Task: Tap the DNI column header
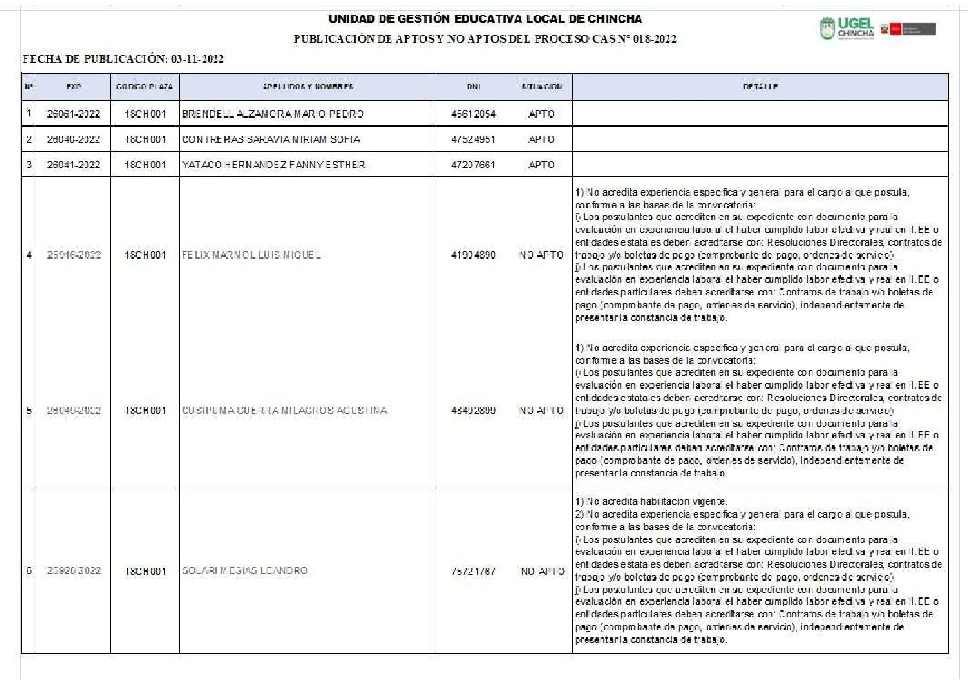coord(473,87)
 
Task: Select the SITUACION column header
coord(542,87)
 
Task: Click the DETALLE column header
coord(760,87)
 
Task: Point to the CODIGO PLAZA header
coord(145,87)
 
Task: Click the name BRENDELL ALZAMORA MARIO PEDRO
coord(273,114)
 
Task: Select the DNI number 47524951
coord(473,139)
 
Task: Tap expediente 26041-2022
coord(74,165)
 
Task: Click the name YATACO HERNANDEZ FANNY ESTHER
coord(274,165)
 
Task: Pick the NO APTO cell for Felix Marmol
coord(542,255)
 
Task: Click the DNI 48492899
coord(473,411)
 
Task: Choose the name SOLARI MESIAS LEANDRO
coord(244,571)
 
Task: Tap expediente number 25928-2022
coord(74,571)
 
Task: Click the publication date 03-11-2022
coord(197,59)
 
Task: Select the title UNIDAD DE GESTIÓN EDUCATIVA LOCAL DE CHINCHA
coord(485,19)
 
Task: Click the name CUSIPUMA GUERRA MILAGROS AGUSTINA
coord(285,411)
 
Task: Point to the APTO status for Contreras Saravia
coord(542,139)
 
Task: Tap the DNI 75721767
coord(473,572)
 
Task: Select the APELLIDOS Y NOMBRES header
coord(308,87)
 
